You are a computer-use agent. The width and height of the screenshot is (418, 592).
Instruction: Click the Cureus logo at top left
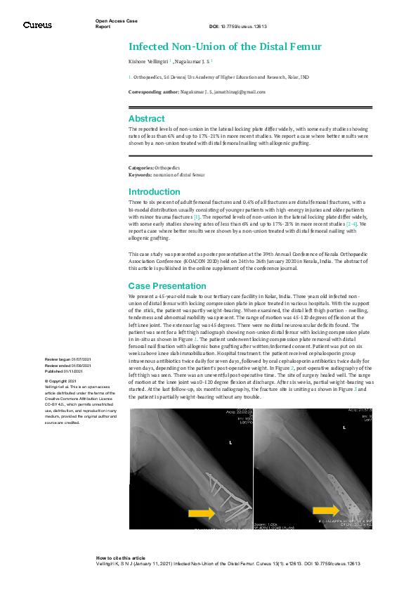point(37,25)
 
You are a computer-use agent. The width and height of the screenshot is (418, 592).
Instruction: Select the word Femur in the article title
point(307,47)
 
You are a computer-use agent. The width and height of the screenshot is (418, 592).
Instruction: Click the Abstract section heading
point(146,119)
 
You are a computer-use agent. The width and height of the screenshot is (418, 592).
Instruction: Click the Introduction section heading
point(155,192)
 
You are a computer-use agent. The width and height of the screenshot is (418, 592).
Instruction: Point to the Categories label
point(141,168)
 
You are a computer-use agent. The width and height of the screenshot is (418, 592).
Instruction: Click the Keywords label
point(141,174)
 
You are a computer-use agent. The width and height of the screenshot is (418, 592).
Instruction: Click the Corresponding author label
point(154,92)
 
